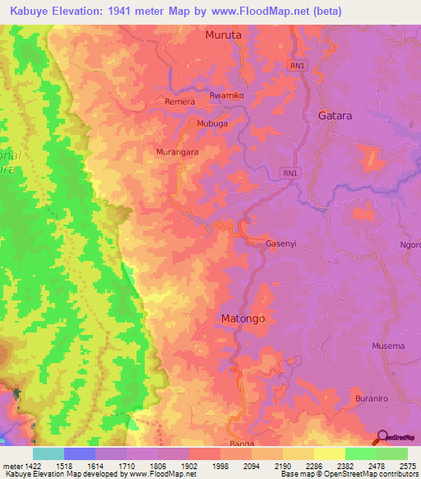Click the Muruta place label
(224, 35)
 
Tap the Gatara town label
(335, 116)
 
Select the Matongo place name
(243, 318)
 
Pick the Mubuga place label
(211, 123)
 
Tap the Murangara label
(177, 152)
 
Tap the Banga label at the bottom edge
(242, 444)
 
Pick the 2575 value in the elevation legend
(406, 465)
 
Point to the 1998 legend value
(220, 465)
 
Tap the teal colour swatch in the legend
(48, 453)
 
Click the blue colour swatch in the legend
(79, 453)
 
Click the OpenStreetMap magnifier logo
(382, 438)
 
